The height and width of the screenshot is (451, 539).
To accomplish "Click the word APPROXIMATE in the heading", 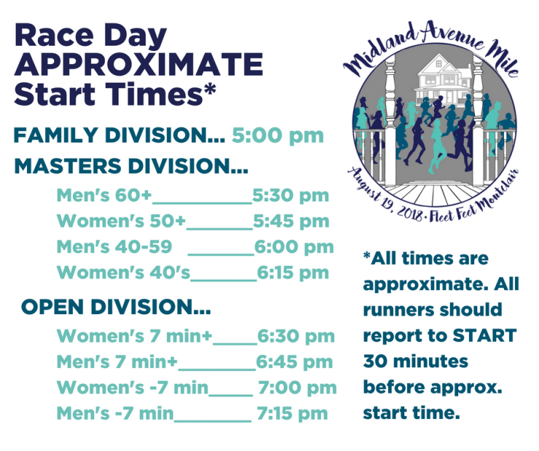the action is point(138,65).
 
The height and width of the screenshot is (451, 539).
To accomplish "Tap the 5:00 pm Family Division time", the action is point(278,136).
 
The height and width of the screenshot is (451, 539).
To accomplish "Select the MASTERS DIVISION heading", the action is point(131,166).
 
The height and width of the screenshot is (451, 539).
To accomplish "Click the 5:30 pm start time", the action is point(291,196).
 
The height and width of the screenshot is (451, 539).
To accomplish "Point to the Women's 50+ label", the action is point(122,220).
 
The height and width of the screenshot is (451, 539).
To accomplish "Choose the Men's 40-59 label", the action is point(114,247).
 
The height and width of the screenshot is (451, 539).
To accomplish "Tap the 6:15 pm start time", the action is point(294,273).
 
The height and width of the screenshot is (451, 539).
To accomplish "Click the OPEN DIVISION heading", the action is point(116,306).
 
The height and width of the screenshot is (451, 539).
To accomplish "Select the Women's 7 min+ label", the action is point(135,335).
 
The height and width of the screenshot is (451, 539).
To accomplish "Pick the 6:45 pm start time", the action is point(294,362).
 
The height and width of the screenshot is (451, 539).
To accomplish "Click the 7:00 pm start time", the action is point(297,388).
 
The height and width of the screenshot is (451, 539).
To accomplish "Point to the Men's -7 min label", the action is point(115,413).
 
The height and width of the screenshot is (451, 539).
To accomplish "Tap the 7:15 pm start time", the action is point(293,413).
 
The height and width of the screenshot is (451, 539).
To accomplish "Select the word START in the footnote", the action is point(484,335).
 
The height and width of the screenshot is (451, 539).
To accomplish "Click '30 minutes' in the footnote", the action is point(416,362).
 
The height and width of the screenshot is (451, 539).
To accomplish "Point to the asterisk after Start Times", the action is point(209,89).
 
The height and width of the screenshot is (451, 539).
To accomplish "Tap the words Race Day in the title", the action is point(91,36).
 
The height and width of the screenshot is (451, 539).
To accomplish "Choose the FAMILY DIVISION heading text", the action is point(119,135).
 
